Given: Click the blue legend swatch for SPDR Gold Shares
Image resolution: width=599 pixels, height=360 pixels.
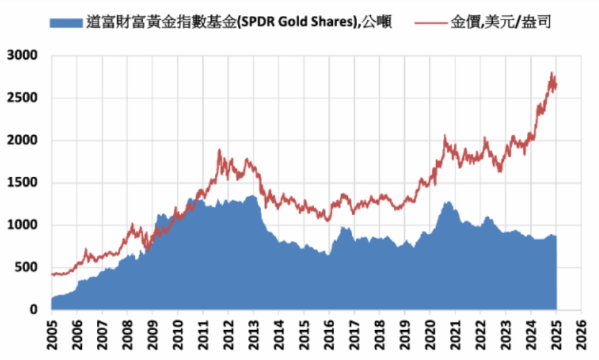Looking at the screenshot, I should tap(67, 23).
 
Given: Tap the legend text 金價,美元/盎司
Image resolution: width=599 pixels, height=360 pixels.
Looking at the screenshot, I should tap(501, 23).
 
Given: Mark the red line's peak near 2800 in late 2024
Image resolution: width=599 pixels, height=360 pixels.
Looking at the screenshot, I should tap(551, 73).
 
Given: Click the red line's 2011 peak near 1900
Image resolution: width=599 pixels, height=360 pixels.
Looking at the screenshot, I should tap(219, 150).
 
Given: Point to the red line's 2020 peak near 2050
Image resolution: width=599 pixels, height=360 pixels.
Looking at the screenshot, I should tap(445, 136).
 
